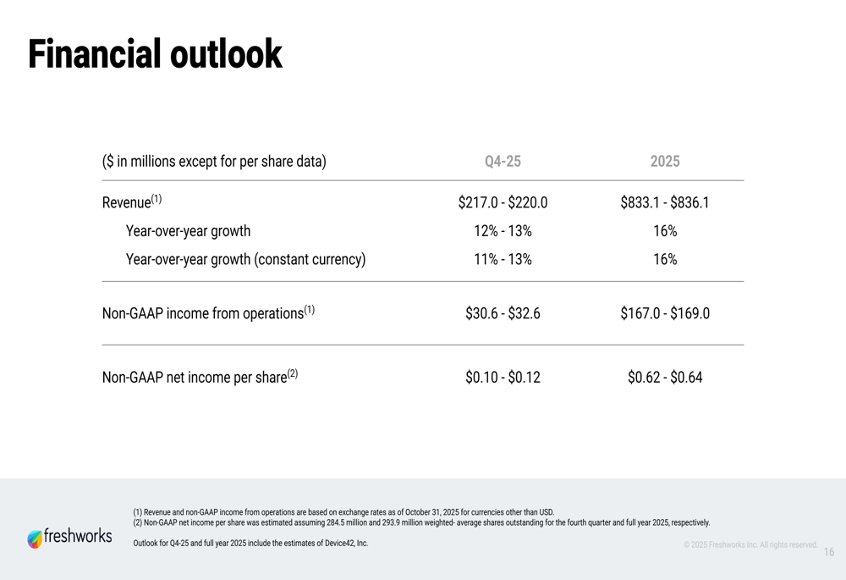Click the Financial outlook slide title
(155, 54)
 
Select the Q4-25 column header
(503, 161)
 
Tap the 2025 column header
(665, 161)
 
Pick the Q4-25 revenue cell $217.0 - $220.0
(503, 203)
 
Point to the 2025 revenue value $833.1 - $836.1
(665, 203)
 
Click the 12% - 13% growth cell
(503, 231)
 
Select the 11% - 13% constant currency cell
(503, 259)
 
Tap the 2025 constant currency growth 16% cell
(665, 259)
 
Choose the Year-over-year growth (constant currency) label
(245, 259)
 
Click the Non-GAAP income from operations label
(208, 313)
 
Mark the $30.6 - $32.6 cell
(503, 313)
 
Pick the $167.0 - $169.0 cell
(665, 313)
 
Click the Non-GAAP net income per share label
(200, 377)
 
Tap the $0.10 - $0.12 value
(503, 377)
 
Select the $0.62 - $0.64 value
(665, 377)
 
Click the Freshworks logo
(69, 538)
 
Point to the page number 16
(828, 552)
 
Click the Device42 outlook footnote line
(250, 543)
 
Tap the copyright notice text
(750, 544)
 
